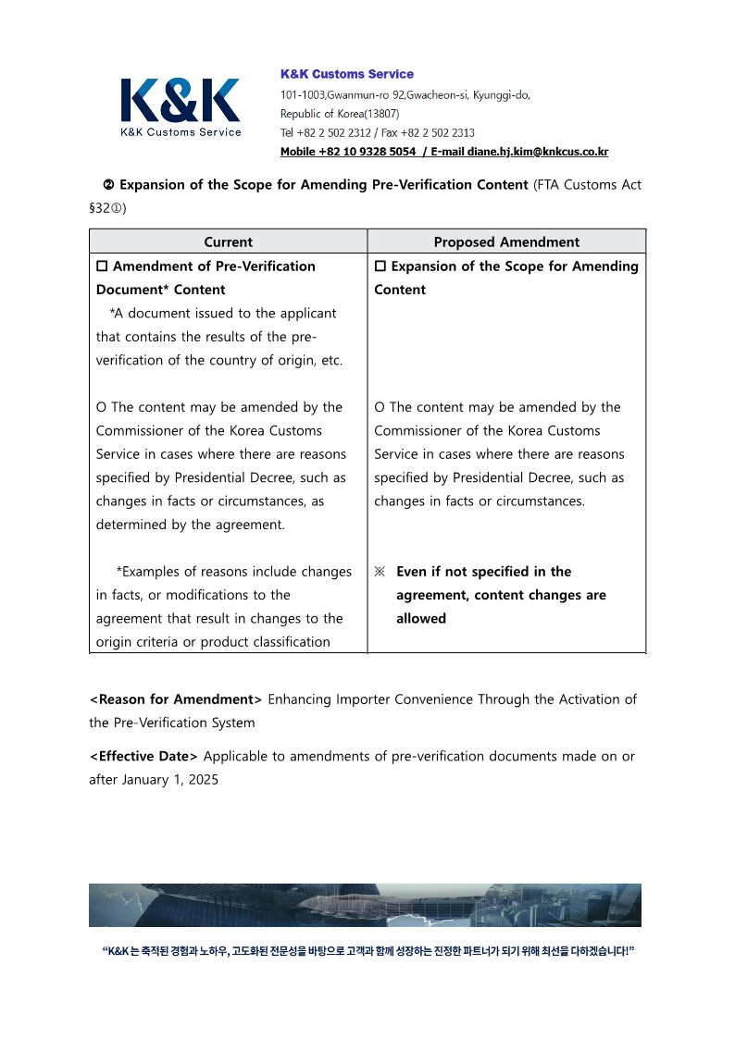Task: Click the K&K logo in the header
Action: tap(181, 105)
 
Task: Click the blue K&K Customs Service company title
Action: tap(347, 74)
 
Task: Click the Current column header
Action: tap(228, 241)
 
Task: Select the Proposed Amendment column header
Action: tap(506, 241)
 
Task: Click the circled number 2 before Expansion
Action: tap(107, 185)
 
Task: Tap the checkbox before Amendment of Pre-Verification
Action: tap(102, 266)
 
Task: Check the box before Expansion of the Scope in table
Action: tap(380, 266)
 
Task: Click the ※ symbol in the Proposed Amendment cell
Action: tap(380, 572)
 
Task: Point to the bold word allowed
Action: tap(421, 618)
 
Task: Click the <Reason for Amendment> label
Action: tap(176, 699)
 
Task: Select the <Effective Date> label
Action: tap(143, 756)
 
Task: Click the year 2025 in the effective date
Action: tap(203, 779)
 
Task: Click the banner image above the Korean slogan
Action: tap(365, 905)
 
